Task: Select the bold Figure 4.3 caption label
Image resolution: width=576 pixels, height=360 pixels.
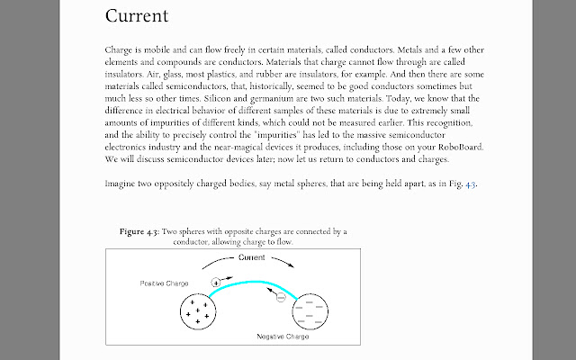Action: click(139, 231)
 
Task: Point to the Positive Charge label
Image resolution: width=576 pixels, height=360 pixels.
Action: click(164, 283)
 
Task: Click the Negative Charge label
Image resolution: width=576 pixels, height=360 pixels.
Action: click(283, 337)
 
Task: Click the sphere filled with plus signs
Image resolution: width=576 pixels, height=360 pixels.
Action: click(197, 310)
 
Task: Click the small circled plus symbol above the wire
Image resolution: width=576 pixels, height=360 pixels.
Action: click(215, 282)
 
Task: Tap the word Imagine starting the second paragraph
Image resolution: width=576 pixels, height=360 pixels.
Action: click(123, 184)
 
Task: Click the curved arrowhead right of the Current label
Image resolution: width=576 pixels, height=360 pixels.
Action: click(289, 265)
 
